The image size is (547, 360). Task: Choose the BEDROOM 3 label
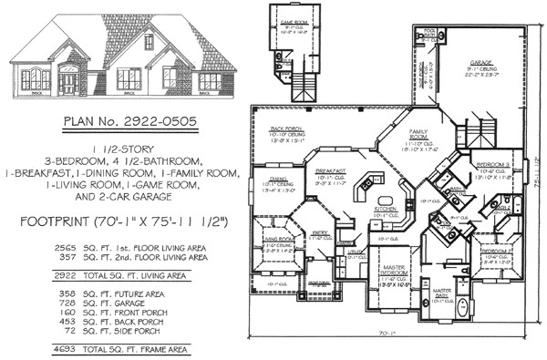(x=492, y=163)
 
